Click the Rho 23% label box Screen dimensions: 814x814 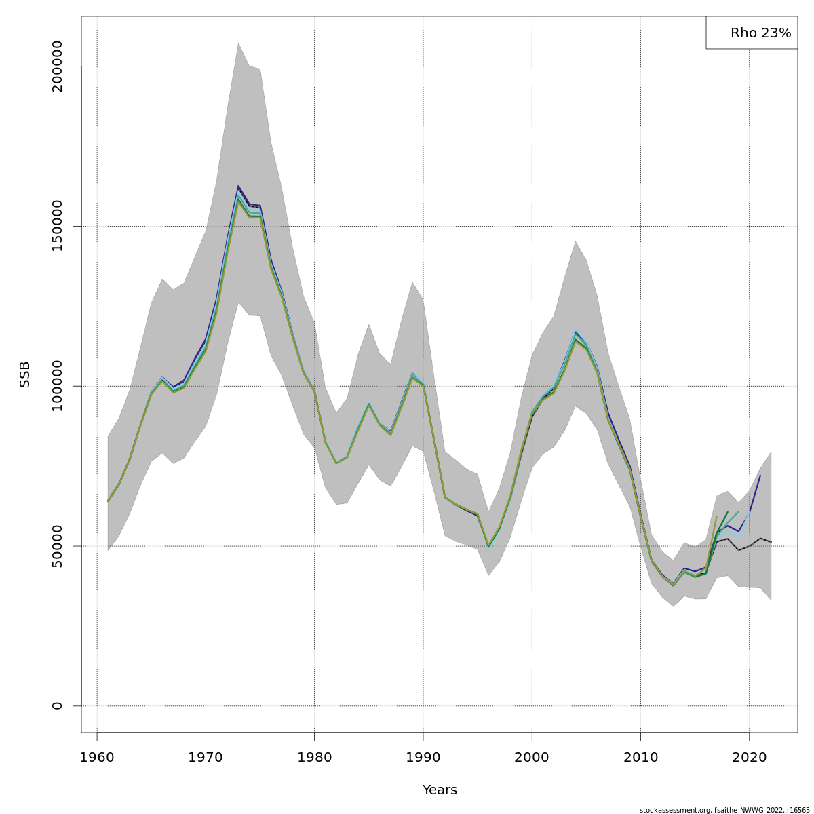(x=752, y=33)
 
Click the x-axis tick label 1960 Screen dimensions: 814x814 (x=97, y=757)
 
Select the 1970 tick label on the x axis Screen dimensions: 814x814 (x=206, y=757)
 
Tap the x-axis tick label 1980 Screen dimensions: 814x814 (x=314, y=757)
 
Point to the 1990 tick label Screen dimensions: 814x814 (x=423, y=757)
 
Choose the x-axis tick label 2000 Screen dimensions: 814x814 (x=532, y=757)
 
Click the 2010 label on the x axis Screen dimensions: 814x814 (x=640, y=757)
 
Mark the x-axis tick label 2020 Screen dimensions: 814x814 (x=749, y=757)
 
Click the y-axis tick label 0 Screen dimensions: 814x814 (x=57, y=705)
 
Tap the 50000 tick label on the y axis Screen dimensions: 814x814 (x=57, y=546)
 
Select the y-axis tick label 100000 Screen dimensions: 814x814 (x=57, y=386)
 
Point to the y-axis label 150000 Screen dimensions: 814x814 (x=57, y=226)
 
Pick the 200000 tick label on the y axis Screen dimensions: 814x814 (x=57, y=66)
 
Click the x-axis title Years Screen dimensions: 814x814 (x=440, y=790)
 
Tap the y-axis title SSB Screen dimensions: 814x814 (x=25, y=374)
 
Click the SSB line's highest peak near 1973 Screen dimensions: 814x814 (x=238, y=186)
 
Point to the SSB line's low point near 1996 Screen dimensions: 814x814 (x=488, y=546)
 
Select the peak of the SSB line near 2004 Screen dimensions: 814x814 (x=575, y=332)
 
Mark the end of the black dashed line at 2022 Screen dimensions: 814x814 (x=771, y=542)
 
